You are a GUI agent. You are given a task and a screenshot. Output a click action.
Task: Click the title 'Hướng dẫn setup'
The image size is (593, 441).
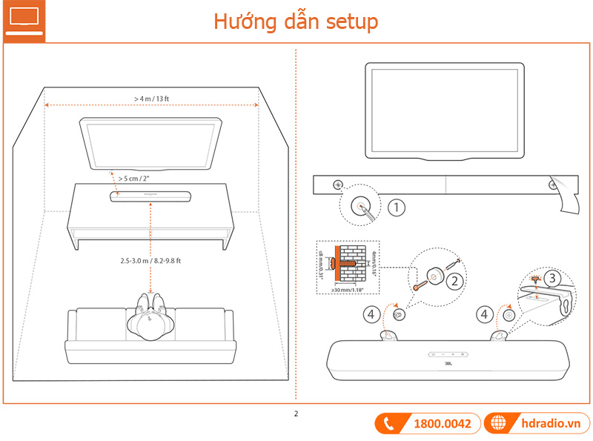click(x=296, y=21)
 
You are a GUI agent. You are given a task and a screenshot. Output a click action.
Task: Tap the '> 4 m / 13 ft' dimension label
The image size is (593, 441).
click(x=152, y=99)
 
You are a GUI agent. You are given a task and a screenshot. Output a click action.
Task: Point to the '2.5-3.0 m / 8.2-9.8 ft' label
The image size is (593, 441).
click(x=151, y=262)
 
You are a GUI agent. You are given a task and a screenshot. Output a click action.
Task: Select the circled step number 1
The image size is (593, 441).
click(x=397, y=208)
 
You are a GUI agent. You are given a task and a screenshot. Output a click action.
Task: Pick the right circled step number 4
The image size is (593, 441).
click(x=485, y=314)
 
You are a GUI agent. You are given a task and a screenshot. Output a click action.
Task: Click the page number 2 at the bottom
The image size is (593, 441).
click(x=296, y=414)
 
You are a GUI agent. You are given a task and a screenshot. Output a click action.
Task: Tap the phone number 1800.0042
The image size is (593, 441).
click(x=442, y=424)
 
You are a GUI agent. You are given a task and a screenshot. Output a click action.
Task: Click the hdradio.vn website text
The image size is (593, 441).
click(x=550, y=424)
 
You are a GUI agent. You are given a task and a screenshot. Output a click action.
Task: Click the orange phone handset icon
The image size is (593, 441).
click(x=390, y=424)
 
